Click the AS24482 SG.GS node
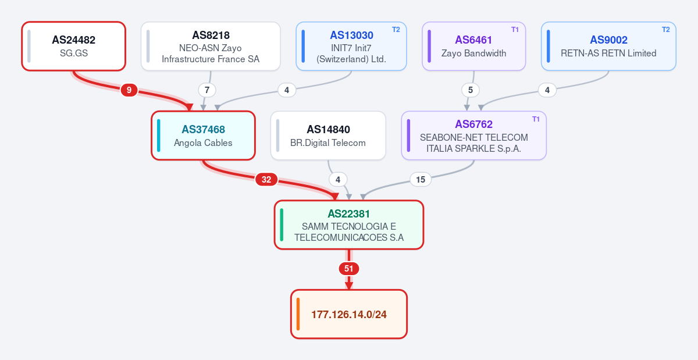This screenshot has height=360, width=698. pos(73,46)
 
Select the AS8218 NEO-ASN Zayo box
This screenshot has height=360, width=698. pos(211,46)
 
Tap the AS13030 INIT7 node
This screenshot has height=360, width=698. pos(351,46)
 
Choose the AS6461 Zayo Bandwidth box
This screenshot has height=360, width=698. pos(473,46)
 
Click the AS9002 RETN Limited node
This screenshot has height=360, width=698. pos(608,46)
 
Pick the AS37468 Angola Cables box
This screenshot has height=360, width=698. pos(203,136)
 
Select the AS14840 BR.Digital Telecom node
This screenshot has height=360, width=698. pos(328,136)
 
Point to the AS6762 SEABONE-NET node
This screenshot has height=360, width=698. pos(473,136)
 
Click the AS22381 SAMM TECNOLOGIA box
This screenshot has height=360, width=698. pos(348,224)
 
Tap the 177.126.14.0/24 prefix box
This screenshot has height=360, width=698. pos(348,314)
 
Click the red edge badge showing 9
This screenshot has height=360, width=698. pos(129,90)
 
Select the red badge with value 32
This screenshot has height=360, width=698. pos(266,180)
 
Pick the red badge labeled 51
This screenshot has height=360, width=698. pos(348,269)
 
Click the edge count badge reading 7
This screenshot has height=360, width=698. pos(207,90)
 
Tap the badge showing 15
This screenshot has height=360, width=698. pos(421,180)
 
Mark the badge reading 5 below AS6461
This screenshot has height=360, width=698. pos(471,90)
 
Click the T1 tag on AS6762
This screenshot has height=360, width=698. pos(536,119)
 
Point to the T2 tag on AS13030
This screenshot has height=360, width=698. pos(396,30)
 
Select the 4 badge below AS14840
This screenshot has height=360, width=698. pos(338,180)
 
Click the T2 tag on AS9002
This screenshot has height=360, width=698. pos(665,30)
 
